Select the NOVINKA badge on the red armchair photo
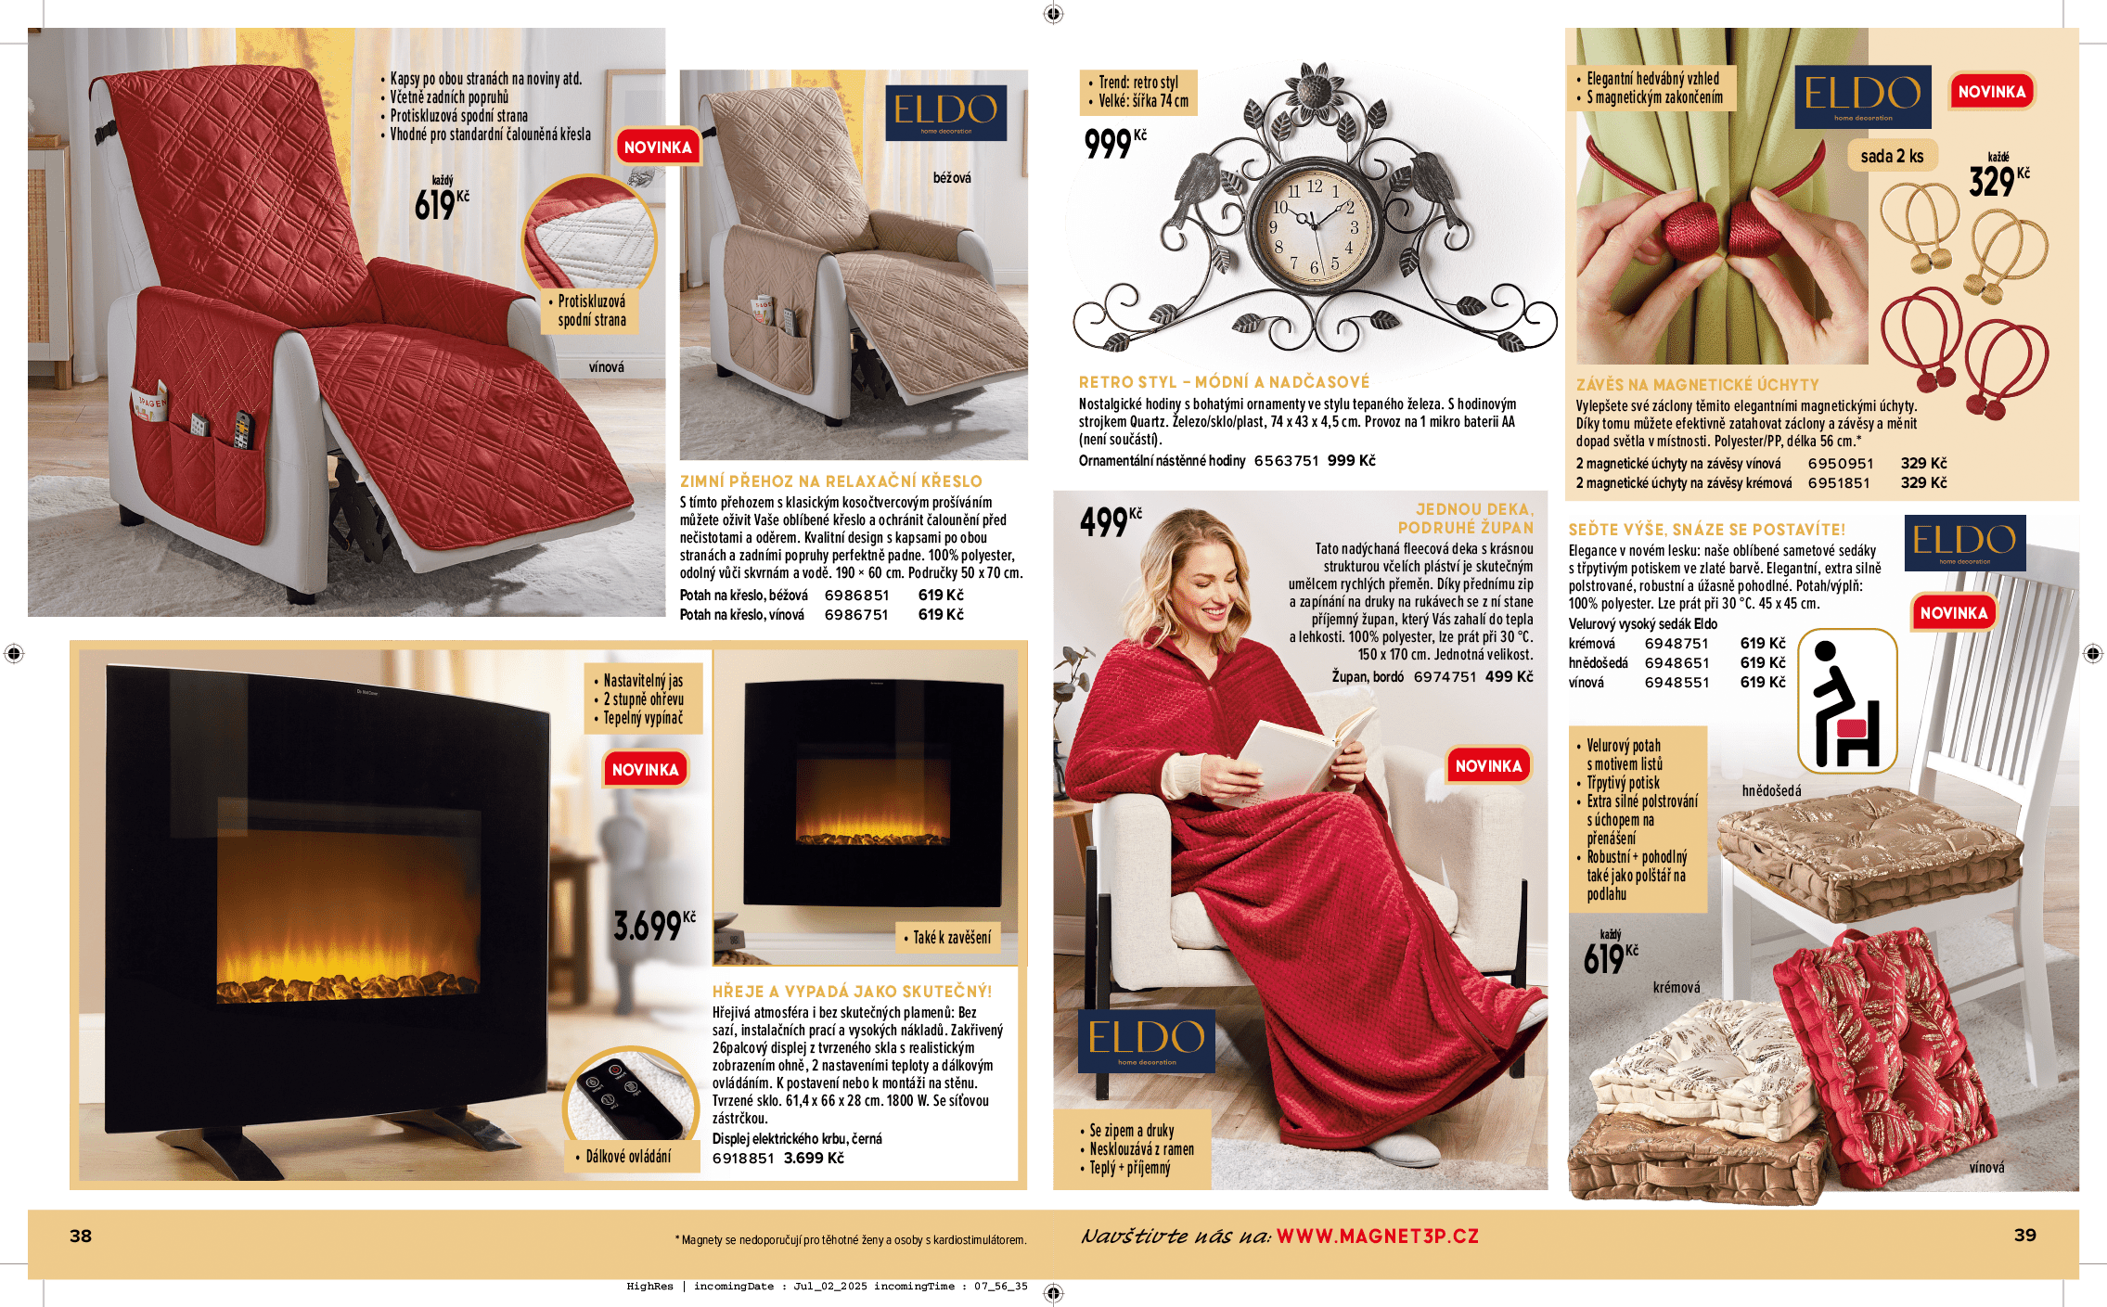[x=658, y=147]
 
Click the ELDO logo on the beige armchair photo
[x=945, y=112]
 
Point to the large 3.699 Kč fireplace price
[x=654, y=925]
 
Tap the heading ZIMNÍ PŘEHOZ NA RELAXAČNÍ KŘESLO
[x=830, y=481]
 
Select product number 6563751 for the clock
[x=1286, y=461]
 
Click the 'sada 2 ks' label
[x=1892, y=156]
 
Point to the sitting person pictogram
[x=1846, y=702]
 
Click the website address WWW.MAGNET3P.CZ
[x=1377, y=1237]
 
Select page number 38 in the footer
[x=81, y=1236]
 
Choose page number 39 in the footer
[x=2025, y=1236]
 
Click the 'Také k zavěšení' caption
[x=952, y=938]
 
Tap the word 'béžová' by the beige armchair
[x=952, y=177]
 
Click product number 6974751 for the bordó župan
[x=1445, y=677]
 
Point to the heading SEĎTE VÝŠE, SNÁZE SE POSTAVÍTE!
[x=1707, y=530]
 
